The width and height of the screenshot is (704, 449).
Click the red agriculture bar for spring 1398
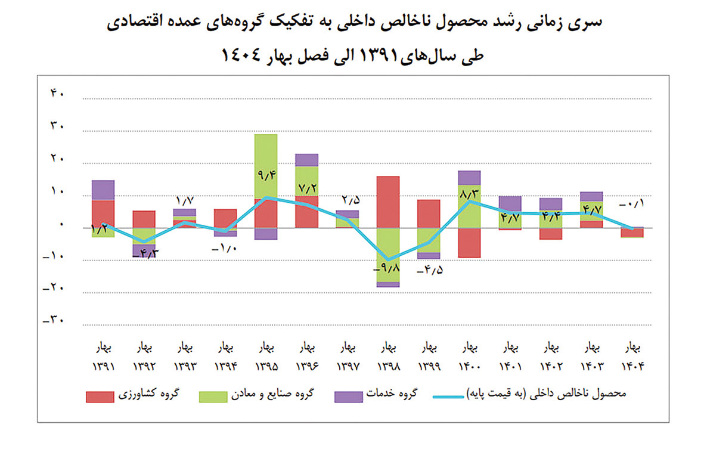(x=387, y=202)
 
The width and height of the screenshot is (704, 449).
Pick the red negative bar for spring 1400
(x=469, y=243)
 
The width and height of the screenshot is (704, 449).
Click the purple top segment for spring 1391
(x=103, y=190)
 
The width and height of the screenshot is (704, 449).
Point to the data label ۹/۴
(x=265, y=175)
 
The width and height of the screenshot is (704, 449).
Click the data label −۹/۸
(x=387, y=270)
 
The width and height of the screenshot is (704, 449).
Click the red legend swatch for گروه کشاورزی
(x=100, y=395)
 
